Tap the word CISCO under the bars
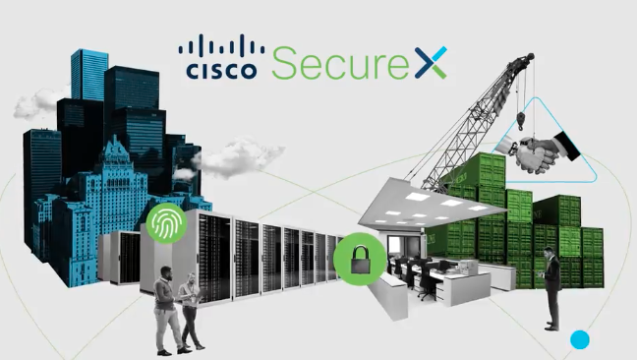tap(222, 71)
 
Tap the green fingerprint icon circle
tap(166, 224)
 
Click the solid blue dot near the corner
tap(579, 340)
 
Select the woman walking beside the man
tap(191, 315)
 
